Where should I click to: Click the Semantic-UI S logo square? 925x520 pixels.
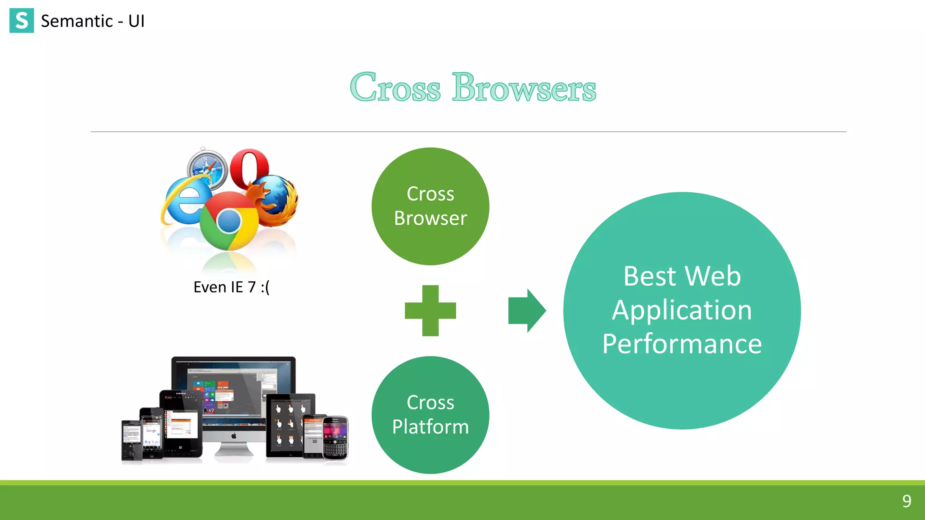(x=21, y=21)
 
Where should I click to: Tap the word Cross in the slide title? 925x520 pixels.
(x=395, y=88)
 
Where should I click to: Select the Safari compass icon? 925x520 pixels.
(x=207, y=168)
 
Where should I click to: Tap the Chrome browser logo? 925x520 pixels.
(x=229, y=221)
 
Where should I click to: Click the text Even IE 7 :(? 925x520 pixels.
(x=231, y=287)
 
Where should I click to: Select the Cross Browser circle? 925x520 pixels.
(x=430, y=206)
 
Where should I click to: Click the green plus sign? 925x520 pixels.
(x=430, y=311)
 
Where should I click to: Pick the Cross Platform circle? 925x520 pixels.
(x=430, y=414)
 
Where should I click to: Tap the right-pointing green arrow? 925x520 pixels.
(x=527, y=311)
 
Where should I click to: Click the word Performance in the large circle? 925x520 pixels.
(x=682, y=344)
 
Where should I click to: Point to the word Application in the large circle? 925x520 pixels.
(x=682, y=310)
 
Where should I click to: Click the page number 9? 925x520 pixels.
(x=906, y=501)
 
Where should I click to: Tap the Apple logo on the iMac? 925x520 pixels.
(x=234, y=436)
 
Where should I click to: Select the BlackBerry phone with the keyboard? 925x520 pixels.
(x=335, y=438)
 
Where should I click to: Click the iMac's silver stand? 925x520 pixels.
(x=234, y=449)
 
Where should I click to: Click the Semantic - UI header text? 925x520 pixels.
(x=93, y=21)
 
